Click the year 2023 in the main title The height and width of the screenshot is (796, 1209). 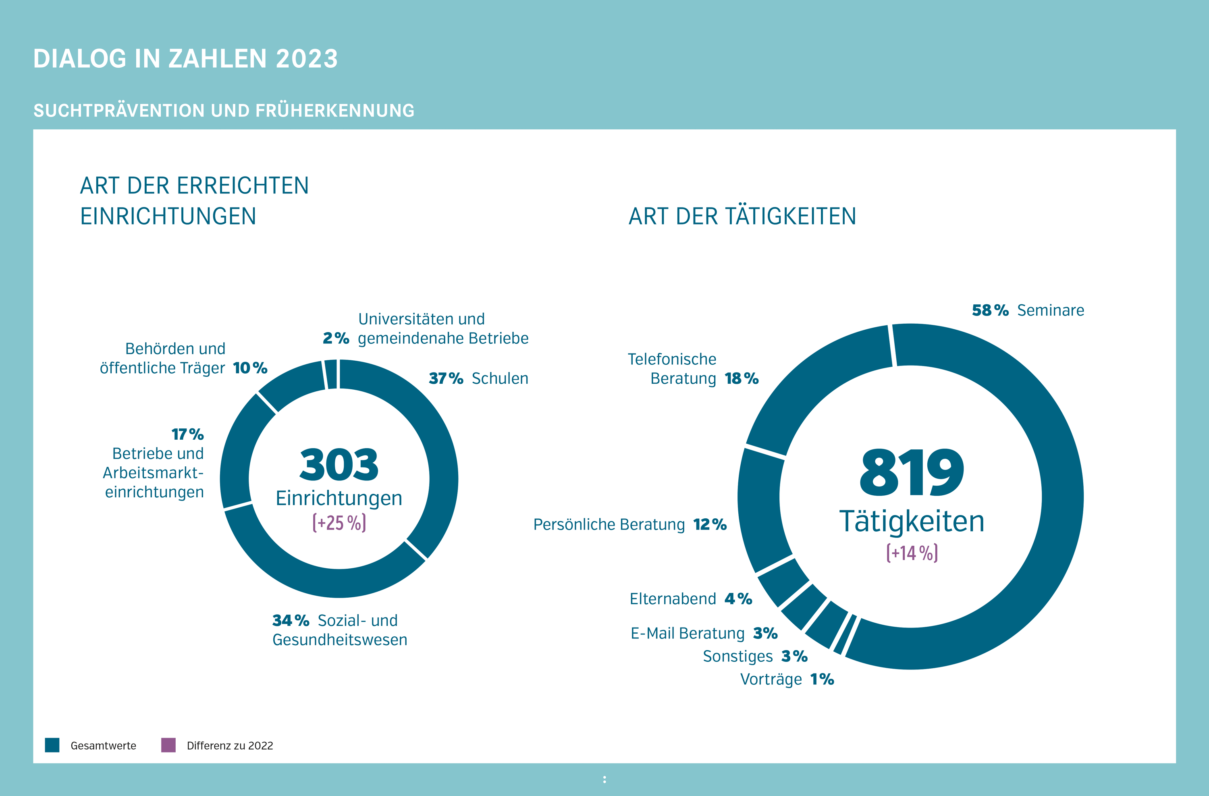pyautogui.click(x=307, y=59)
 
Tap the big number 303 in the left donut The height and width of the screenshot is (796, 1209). pyautogui.click(x=339, y=465)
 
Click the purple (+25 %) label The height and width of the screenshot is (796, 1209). pyautogui.click(x=339, y=523)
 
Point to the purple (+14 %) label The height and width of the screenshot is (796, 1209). pyautogui.click(x=912, y=553)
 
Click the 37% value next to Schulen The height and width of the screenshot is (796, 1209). pyautogui.click(x=445, y=378)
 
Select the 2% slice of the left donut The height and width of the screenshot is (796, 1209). pyautogui.click(x=331, y=374)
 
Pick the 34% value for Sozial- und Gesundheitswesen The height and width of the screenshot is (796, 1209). pyautogui.click(x=291, y=620)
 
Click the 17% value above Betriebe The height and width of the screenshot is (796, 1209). pyautogui.click(x=187, y=434)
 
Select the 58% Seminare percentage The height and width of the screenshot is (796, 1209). pyautogui.click(x=989, y=310)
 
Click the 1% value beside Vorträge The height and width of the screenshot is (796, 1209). pyautogui.click(x=822, y=679)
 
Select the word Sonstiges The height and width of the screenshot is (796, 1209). pyautogui.click(x=737, y=656)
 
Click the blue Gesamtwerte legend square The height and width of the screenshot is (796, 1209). pyautogui.click(x=52, y=745)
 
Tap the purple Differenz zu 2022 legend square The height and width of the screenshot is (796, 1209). pyautogui.click(x=168, y=745)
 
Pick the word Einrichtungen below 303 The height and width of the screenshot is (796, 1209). pyautogui.click(x=339, y=498)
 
